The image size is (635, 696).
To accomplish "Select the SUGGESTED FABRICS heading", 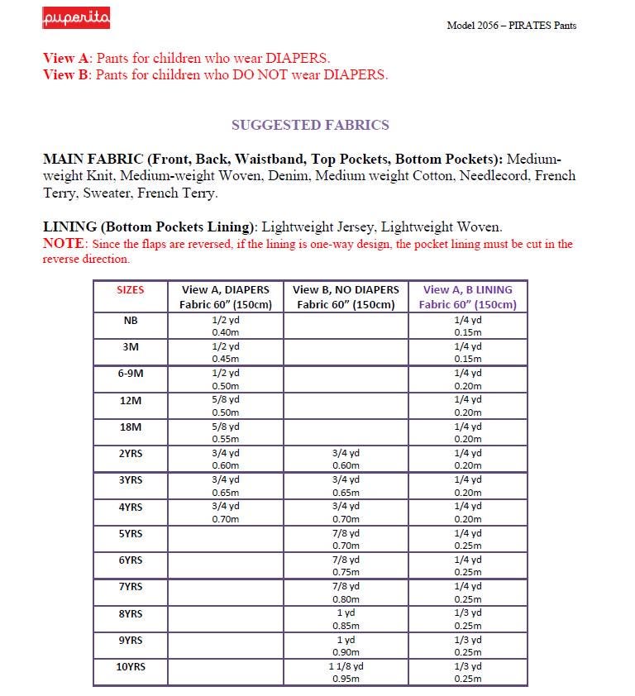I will point(310,125).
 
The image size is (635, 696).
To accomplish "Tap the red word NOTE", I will point(64,245).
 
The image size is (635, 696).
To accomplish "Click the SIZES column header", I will point(130,290).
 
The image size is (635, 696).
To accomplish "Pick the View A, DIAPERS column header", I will point(225,297).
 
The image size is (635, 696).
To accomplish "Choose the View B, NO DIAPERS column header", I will point(346,297).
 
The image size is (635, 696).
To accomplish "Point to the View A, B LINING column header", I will point(467,297).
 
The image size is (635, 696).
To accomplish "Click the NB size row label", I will point(130,320).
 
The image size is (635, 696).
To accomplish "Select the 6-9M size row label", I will point(130,373).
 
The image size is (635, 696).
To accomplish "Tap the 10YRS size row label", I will point(130,666).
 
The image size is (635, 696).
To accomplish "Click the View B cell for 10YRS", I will point(346,672).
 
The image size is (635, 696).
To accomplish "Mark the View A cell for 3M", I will point(225,352).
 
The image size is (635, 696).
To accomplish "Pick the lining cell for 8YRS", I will point(467,619).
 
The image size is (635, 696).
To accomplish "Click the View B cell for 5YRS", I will point(346,539).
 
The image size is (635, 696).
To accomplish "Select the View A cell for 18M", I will point(225,432).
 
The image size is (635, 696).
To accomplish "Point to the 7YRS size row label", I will point(130,587).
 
